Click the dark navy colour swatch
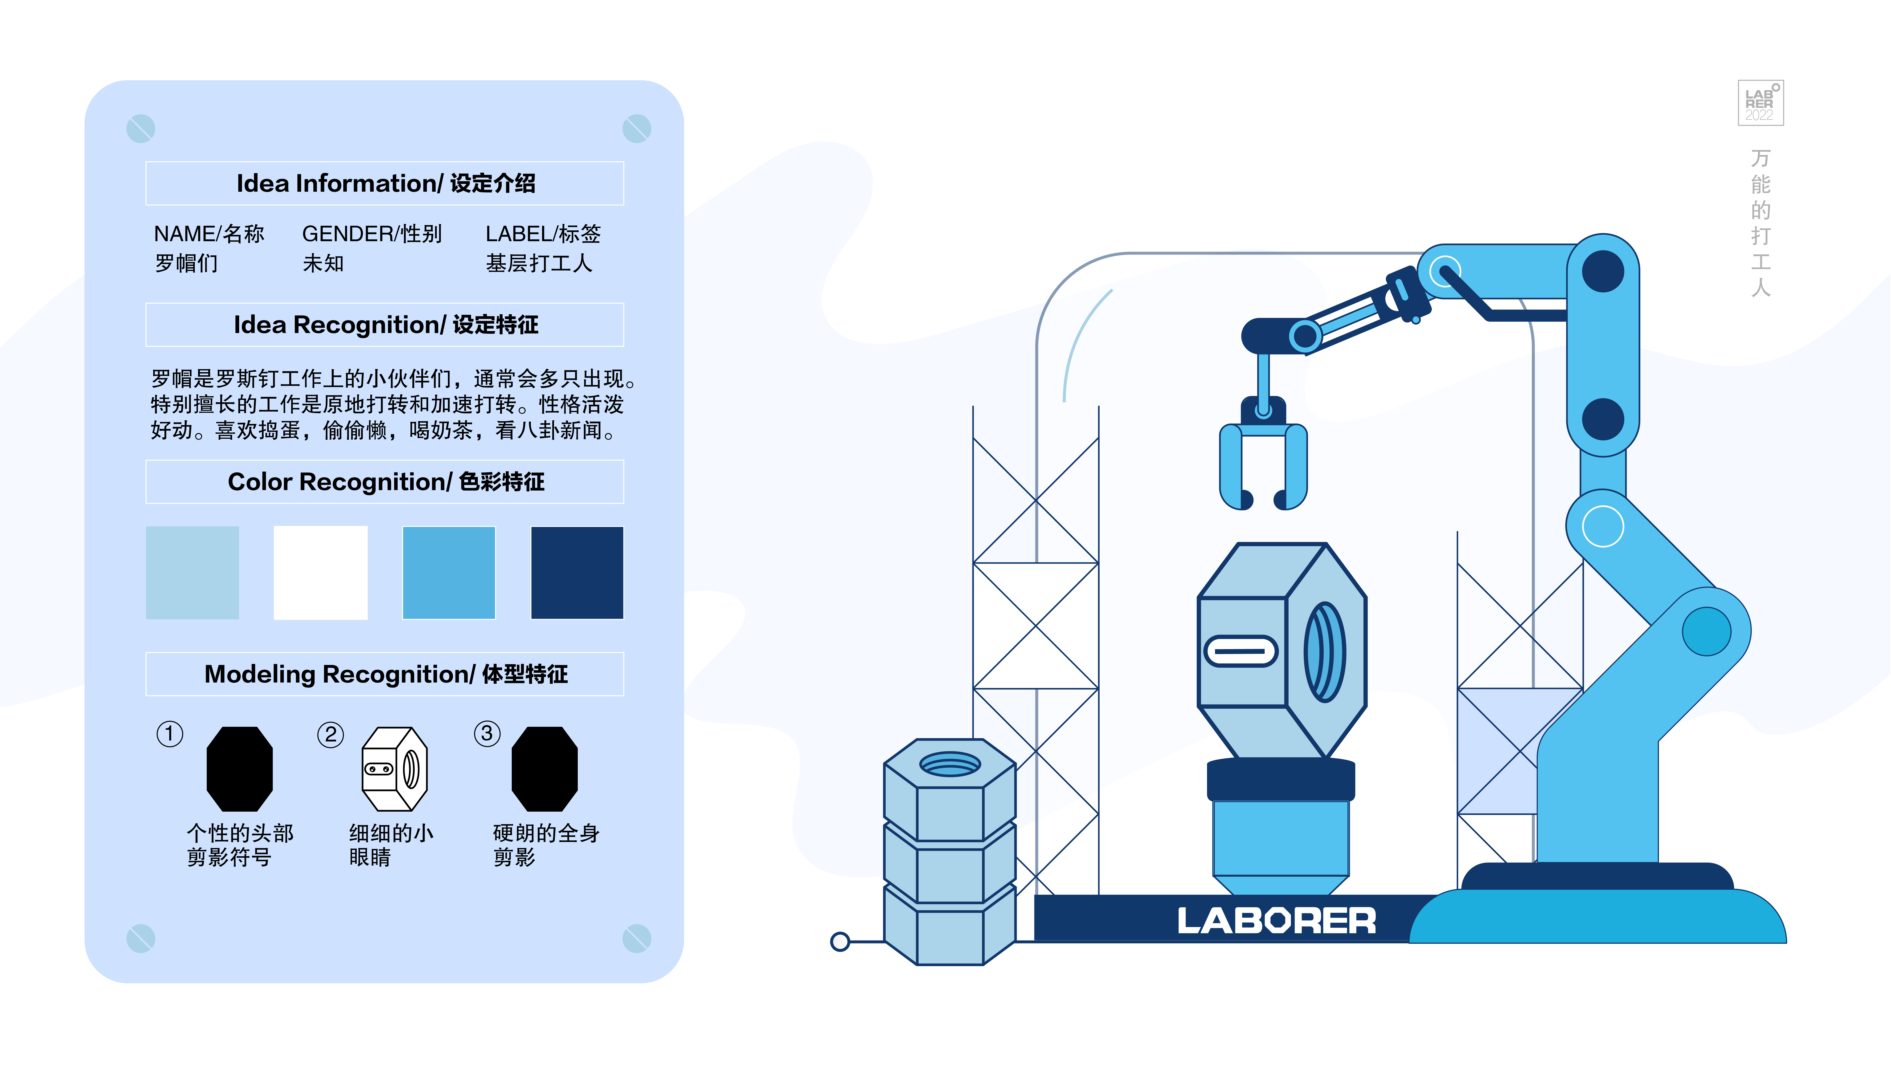pyautogui.click(x=577, y=572)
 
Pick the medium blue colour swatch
pyautogui.click(x=449, y=572)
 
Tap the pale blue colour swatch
pyautogui.click(x=192, y=572)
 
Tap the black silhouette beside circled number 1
pyautogui.click(x=239, y=769)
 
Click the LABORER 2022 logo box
pyautogui.click(x=1760, y=103)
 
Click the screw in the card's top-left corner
pyautogui.click(x=140, y=128)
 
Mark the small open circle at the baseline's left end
pyautogui.click(x=840, y=941)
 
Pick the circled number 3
pyautogui.click(x=487, y=734)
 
